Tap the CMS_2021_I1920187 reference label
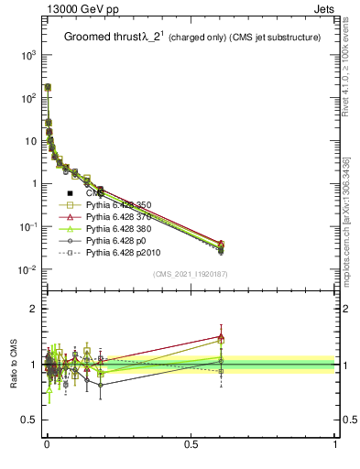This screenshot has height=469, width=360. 191,274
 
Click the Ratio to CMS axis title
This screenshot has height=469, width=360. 16,365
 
